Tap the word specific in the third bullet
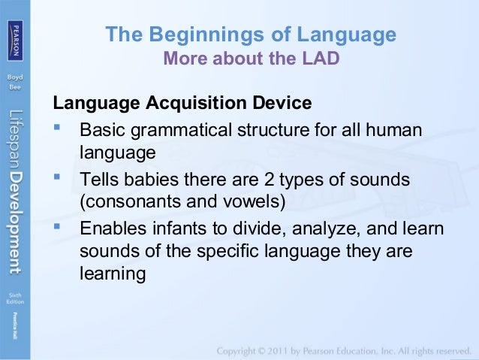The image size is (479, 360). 228,252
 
